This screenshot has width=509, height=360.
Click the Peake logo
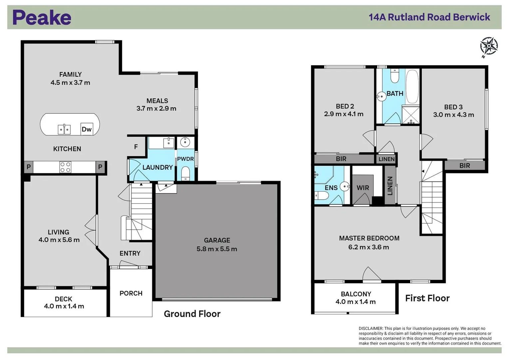42,18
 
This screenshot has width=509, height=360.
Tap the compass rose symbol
489,46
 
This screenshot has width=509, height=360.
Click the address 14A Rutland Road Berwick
429,17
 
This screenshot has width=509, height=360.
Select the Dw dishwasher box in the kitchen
86,129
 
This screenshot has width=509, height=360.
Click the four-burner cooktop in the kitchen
65,167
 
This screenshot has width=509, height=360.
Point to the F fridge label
136,147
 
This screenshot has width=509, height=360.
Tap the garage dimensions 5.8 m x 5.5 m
217,249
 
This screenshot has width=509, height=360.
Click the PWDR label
185,159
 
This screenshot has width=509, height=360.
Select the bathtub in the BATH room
412,86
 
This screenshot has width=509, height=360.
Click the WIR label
362,188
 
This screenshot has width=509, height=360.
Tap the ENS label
331,188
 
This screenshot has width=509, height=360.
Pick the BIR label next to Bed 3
464,166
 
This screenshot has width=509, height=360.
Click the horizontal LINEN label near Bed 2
386,159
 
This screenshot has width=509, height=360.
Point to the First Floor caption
427,298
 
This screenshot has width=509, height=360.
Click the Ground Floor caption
192,314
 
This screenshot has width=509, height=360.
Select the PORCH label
131,293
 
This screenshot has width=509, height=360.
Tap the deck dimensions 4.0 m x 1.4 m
64,306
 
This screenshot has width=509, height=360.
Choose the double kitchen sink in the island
64,129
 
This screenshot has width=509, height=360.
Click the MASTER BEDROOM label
369,238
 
